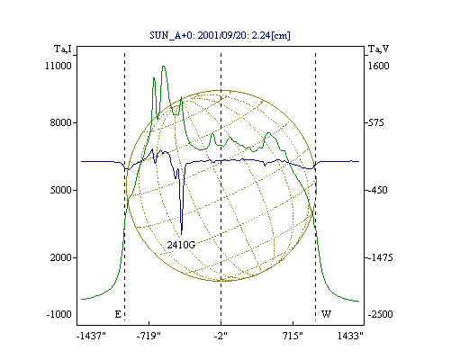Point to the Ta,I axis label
[63, 49]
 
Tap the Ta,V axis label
[378, 49]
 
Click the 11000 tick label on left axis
[59, 66]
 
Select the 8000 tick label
[61, 122]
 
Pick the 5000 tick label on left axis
[61, 190]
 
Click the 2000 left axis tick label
[61, 257]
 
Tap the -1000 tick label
[59, 314]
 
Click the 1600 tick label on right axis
[379, 66]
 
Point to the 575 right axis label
[375, 122]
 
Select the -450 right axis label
[377, 190]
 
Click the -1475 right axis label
[380, 257]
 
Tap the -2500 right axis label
[380, 314]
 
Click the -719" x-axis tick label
[149, 336]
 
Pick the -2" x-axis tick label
[221, 336]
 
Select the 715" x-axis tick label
[293, 336]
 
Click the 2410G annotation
[181, 245]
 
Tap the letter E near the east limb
[118, 314]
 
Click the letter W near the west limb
[326, 314]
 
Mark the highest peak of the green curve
[164, 67]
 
